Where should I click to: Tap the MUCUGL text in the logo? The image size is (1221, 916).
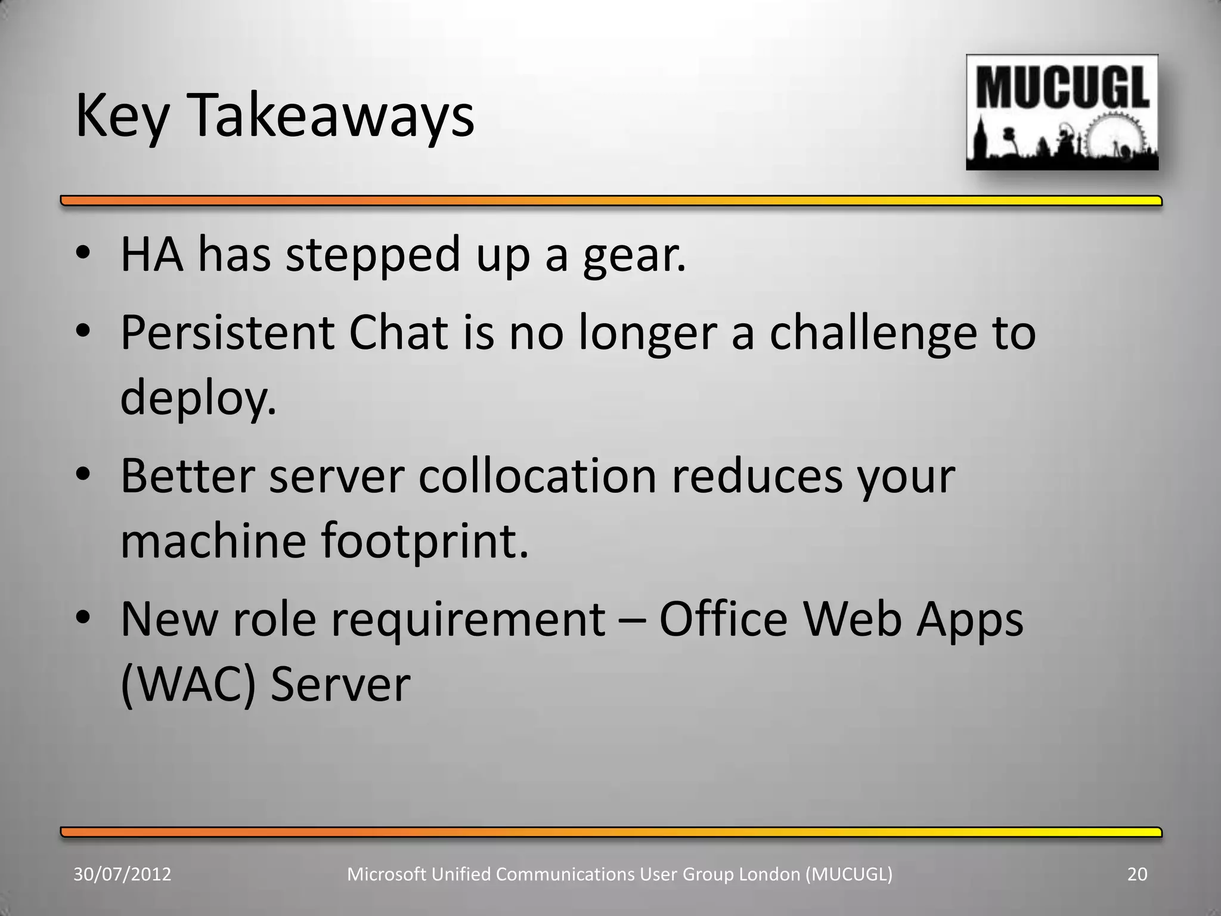[x=1062, y=89]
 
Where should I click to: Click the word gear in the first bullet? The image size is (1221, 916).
[x=634, y=255]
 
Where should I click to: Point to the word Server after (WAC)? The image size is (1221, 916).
[x=340, y=684]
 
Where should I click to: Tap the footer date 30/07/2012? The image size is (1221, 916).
[x=122, y=874]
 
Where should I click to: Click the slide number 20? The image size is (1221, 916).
[x=1137, y=874]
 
